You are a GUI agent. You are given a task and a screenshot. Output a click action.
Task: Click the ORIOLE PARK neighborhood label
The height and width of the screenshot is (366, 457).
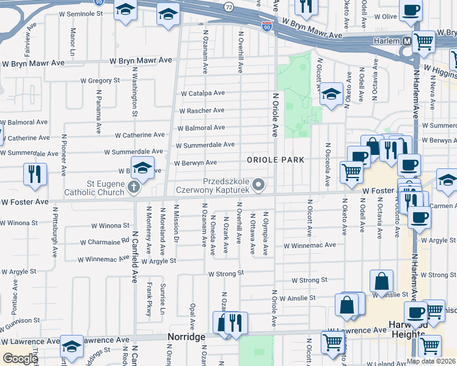[x=276, y=160]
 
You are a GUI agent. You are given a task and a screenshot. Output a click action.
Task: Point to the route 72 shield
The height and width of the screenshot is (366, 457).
[x=228, y=7]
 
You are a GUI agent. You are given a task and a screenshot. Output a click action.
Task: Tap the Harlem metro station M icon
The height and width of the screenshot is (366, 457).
[x=406, y=41]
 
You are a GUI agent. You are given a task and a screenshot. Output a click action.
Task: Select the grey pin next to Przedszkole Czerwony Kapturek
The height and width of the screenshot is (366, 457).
[x=259, y=184]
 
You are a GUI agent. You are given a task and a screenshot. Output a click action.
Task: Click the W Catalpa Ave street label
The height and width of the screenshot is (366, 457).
[x=202, y=93]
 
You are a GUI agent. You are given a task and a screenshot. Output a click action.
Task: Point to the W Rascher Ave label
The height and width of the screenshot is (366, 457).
[x=202, y=110]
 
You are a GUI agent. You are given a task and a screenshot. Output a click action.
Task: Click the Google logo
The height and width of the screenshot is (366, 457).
[x=20, y=359]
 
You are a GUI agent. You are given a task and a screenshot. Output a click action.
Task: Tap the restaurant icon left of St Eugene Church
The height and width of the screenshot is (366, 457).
[x=35, y=174]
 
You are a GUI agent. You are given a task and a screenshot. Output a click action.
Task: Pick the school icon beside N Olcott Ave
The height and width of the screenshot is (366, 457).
[x=331, y=94]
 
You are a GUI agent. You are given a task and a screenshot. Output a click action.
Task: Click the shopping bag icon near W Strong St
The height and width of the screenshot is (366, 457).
[x=381, y=281]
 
